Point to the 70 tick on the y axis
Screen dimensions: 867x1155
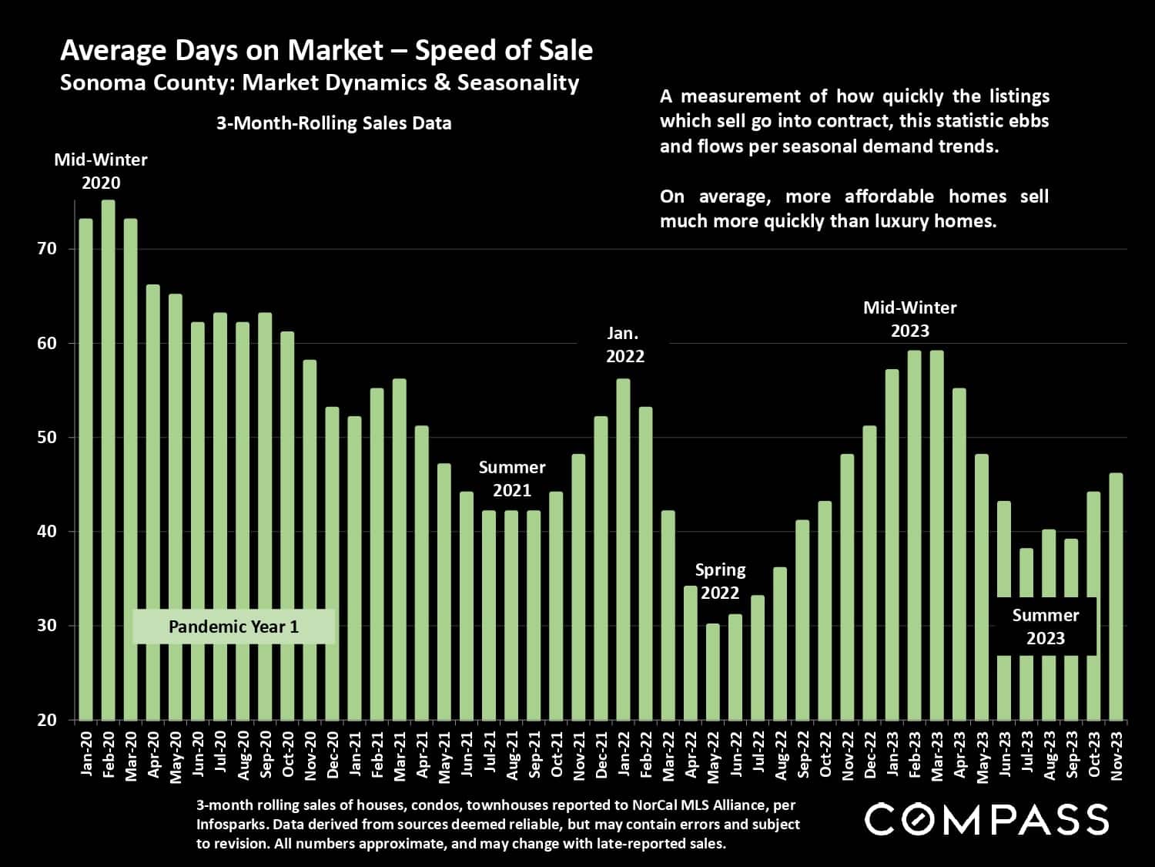point(47,249)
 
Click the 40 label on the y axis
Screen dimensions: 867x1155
point(47,532)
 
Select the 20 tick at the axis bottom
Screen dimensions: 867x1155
point(47,720)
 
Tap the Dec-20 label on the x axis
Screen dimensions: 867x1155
point(333,756)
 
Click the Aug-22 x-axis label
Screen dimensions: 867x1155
point(781,756)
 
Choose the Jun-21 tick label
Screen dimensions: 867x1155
point(467,756)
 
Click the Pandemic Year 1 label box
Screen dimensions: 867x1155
point(233,627)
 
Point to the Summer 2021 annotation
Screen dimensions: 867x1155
point(512,479)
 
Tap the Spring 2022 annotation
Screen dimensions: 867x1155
point(720,581)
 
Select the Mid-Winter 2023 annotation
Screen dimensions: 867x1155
point(909,319)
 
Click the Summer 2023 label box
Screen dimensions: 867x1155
point(1045,627)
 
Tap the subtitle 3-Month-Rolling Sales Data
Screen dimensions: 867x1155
point(333,123)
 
